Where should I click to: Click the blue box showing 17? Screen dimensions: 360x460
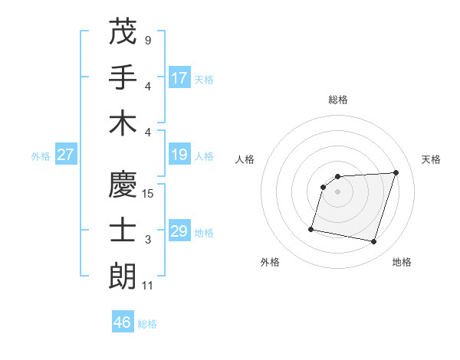pos(179,78)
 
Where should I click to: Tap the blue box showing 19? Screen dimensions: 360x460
pos(179,155)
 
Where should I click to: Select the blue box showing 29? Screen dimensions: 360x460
pos(179,232)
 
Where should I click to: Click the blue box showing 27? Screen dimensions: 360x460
pos(66,155)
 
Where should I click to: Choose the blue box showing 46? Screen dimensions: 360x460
pos(123,322)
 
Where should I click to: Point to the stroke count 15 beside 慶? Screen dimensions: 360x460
pos(148,194)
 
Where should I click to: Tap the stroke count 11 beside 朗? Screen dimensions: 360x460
pos(148,286)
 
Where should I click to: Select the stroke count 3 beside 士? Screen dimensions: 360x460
pos(147,240)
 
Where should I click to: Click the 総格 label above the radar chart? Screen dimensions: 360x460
pos(338,100)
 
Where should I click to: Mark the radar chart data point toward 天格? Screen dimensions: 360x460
pos(396,172)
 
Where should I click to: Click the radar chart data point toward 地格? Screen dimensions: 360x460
pos(373,242)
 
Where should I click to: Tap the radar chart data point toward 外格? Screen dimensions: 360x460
pos(311,229)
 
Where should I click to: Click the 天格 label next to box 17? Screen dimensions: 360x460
pos(204,80)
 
